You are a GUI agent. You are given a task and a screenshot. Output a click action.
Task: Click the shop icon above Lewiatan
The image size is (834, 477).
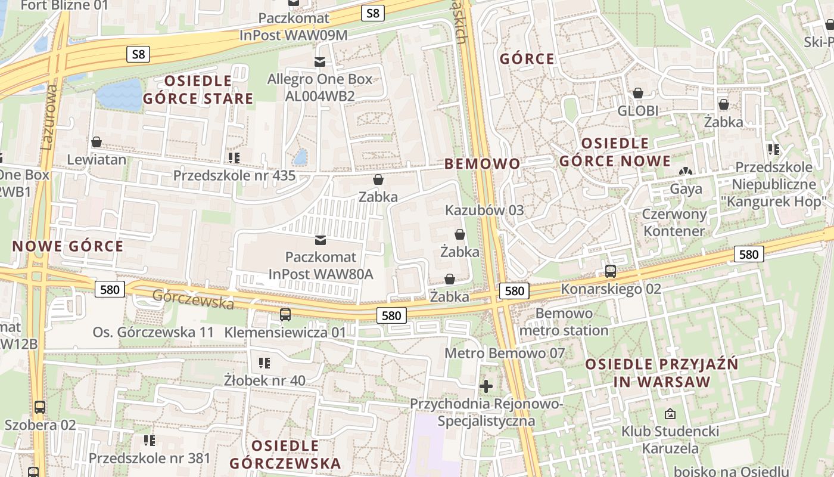(96, 142)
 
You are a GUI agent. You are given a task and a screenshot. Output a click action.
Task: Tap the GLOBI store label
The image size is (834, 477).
(637, 111)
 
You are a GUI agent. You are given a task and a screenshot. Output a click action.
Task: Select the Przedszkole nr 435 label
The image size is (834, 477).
(234, 175)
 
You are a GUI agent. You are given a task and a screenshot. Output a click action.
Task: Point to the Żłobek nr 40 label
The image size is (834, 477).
(264, 380)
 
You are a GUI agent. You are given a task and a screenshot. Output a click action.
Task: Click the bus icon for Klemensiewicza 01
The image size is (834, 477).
(285, 314)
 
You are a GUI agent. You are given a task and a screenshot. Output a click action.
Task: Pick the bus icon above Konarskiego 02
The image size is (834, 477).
(611, 271)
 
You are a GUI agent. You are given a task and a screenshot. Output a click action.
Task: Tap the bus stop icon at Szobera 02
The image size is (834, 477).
(40, 407)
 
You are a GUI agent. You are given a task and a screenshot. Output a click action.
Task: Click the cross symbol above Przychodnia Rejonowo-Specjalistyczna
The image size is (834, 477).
(486, 386)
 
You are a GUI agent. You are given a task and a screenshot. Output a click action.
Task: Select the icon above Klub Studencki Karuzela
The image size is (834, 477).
(670, 413)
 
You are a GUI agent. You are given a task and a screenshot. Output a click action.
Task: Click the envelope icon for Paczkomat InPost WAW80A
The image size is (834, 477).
(320, 240)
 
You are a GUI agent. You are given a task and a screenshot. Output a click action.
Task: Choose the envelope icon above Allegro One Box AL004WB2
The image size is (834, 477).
(320, 61)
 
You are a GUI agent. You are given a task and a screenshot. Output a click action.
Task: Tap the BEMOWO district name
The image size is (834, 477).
(482, 163)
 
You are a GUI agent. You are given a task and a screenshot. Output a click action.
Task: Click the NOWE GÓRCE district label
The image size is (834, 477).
(68, 246)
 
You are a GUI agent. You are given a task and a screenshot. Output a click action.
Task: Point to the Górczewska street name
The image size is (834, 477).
(193, 299)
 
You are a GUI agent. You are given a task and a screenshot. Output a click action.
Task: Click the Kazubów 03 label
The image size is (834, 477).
(484, 210)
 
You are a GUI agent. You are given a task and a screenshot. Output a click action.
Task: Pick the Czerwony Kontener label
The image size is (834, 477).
(674, 222)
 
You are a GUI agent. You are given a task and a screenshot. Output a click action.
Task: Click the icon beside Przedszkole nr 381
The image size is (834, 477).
(150, 440)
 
